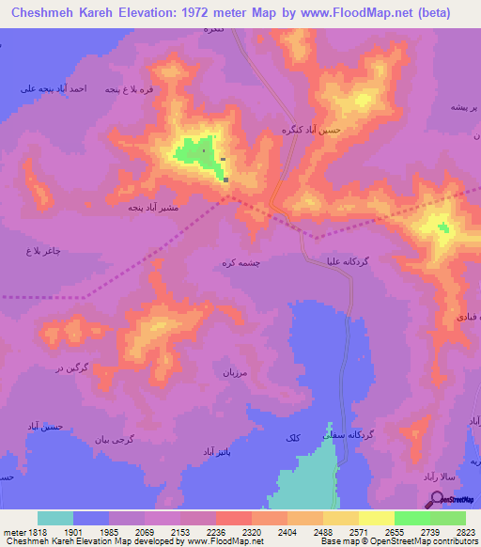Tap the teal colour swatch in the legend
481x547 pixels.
(x=55, y=518)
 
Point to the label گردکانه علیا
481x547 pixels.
(x=349, y=260)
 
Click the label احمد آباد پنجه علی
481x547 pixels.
(x=54, y=88)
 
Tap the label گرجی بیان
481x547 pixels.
(x=116, y=439)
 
